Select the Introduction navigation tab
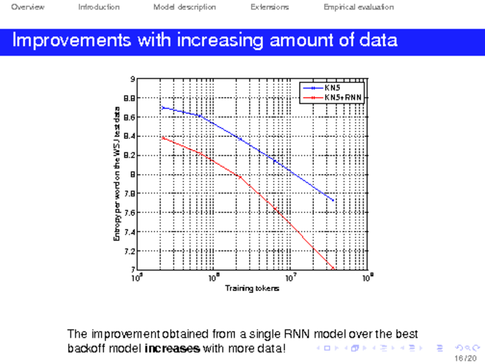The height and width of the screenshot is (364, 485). pos(99,7)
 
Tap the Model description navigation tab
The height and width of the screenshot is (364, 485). pos(184,7)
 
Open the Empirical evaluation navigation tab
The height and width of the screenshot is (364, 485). pos(359,7)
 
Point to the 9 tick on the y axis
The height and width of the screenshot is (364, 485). pos(132,79)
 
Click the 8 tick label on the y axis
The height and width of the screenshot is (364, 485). pos(132,175)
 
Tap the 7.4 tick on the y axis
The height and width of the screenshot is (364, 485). pos(129,232)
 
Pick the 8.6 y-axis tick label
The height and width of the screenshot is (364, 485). pos(129,117)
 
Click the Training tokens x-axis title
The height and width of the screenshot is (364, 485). pos(252,288)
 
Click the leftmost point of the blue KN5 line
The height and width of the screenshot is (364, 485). pos(162,107)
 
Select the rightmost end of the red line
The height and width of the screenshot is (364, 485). pos(333,268)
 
